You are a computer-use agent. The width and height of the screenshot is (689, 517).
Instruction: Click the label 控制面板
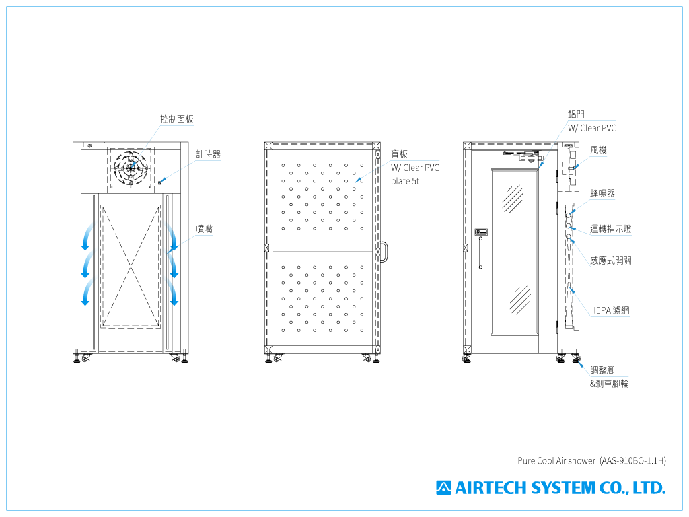[177, 119]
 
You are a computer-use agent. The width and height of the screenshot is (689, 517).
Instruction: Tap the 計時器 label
[208, 154]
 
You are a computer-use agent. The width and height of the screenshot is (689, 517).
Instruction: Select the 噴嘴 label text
[204, 229]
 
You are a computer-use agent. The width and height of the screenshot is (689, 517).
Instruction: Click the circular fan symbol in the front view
[132, 166]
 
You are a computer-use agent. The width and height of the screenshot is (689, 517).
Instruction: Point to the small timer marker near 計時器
[159, 181]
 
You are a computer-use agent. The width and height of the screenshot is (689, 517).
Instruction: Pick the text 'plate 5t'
[405, 182]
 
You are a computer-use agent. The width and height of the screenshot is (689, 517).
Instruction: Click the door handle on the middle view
[384, 252]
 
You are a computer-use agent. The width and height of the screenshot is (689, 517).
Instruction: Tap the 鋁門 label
[576, 114]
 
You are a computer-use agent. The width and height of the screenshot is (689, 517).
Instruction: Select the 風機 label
[598, 150]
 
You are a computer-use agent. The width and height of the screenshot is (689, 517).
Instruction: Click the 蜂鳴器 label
[602, 193]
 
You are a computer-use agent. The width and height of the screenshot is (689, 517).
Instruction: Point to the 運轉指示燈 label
[610, 229]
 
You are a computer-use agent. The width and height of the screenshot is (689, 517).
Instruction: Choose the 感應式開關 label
[610, 261]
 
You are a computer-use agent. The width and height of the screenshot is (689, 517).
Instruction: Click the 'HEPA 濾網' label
[610, 310]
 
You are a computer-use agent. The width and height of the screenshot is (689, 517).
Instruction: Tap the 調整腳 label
[602, 370]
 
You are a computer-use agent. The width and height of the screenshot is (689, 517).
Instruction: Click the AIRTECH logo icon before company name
[443, 487]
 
